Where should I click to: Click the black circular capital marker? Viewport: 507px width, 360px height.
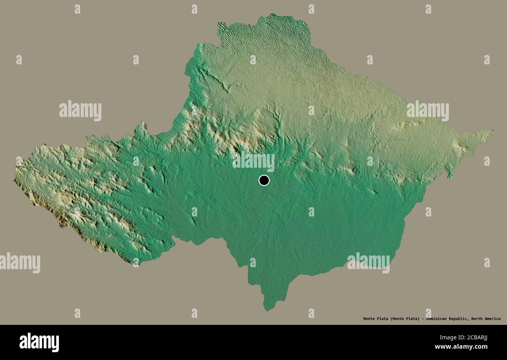264,180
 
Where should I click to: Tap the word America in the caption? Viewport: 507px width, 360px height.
491,319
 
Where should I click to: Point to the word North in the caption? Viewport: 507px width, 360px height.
476,319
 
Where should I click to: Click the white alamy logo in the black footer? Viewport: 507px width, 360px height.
39,342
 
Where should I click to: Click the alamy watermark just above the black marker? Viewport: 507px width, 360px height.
253,161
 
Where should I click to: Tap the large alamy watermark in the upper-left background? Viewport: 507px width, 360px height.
80,111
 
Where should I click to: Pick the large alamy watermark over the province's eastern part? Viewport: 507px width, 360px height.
427,111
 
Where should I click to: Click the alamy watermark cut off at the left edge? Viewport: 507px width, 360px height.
19,262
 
